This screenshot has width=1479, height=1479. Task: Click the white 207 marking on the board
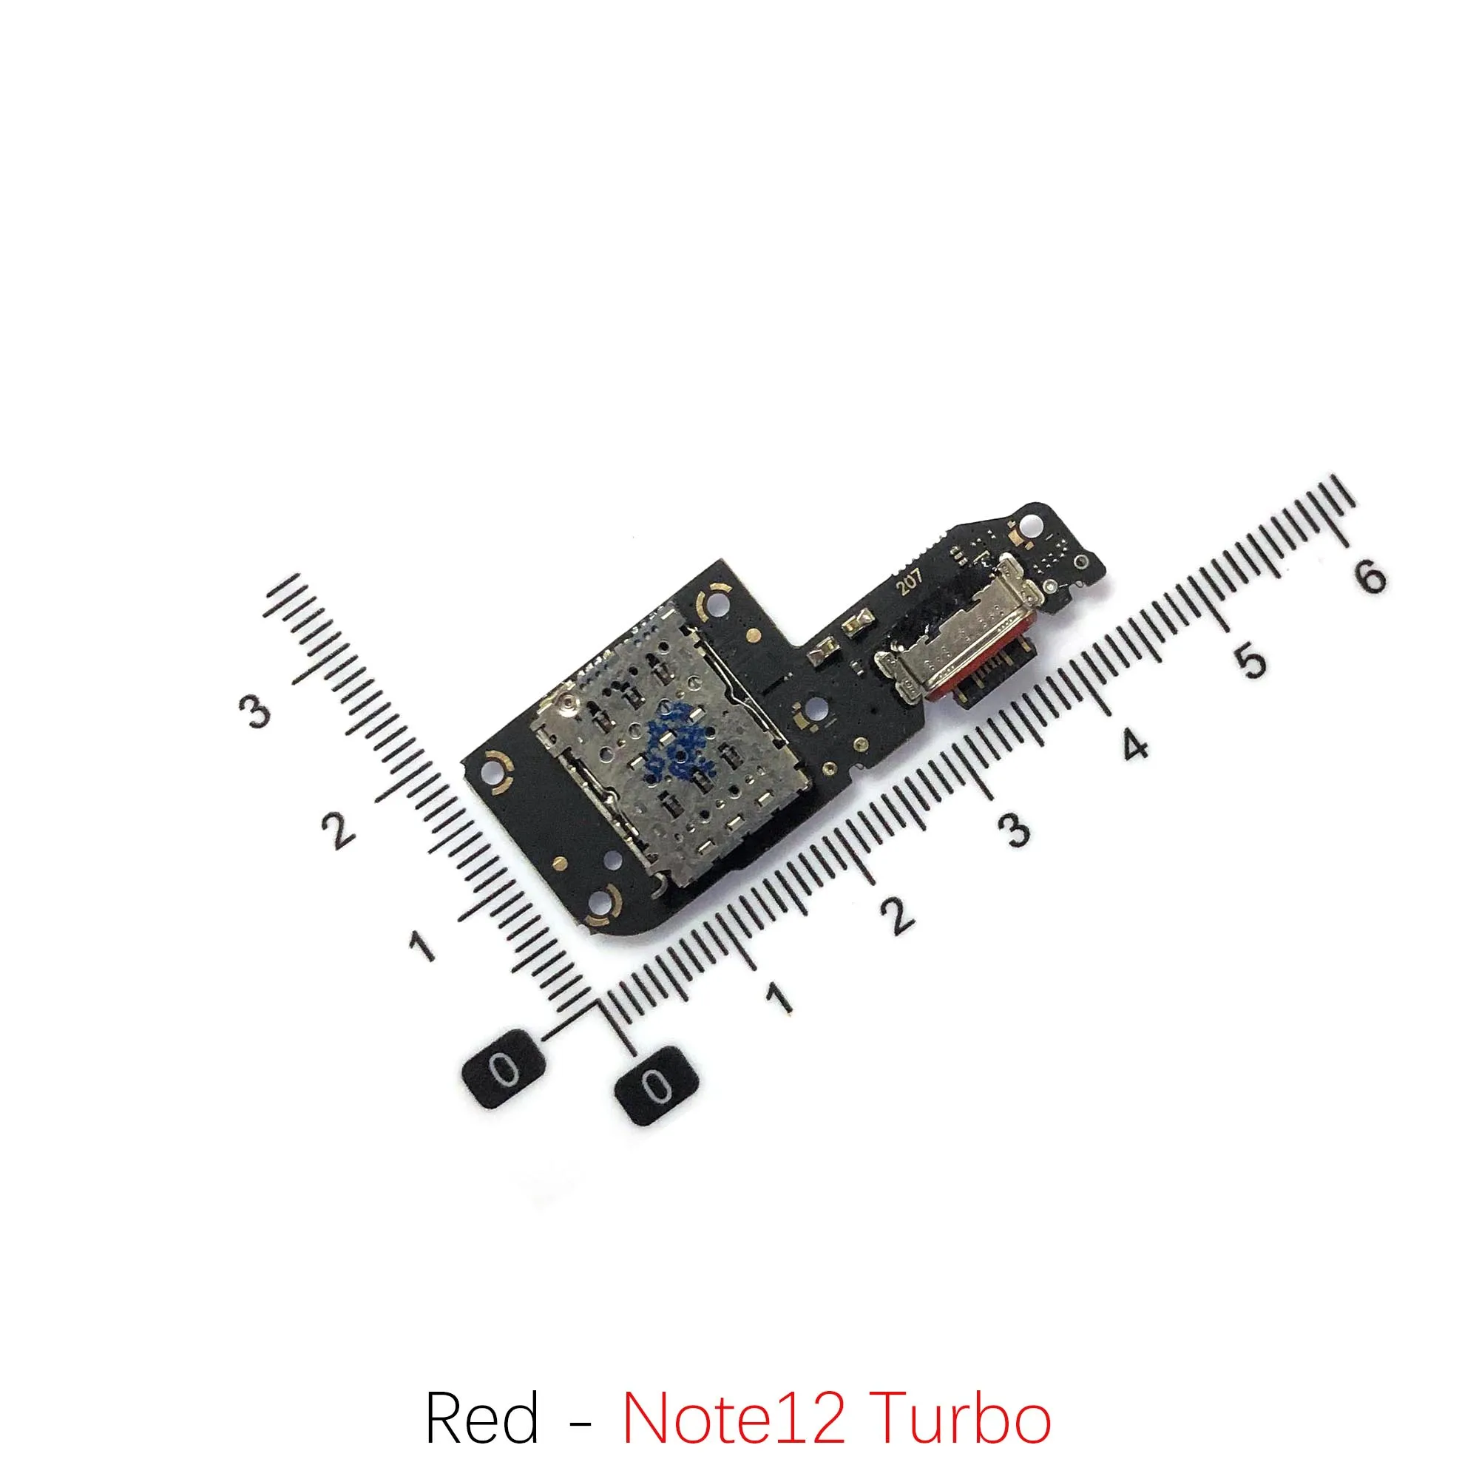pyautogui.click(x=910, y=585)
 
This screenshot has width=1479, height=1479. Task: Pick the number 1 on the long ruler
pyautogui.click(x=779, y=997)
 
